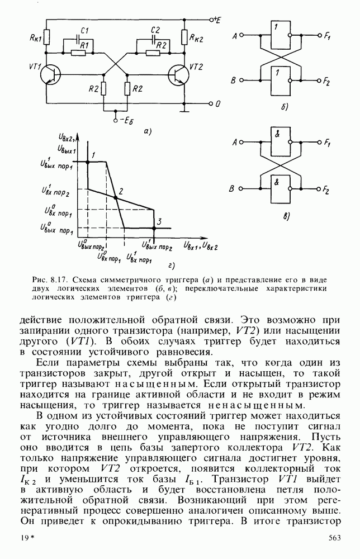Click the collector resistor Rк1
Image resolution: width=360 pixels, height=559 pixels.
(46, 37)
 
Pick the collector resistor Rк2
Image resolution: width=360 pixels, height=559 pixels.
(184, 37)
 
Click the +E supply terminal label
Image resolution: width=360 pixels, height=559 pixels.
(215, 20)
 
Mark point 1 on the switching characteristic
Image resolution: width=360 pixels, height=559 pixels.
(88, 162)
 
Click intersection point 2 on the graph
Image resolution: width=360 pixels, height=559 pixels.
(116, 197)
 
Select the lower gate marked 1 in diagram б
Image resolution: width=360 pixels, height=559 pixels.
(279, 80)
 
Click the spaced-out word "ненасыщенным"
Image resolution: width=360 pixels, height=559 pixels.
(255, 404)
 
